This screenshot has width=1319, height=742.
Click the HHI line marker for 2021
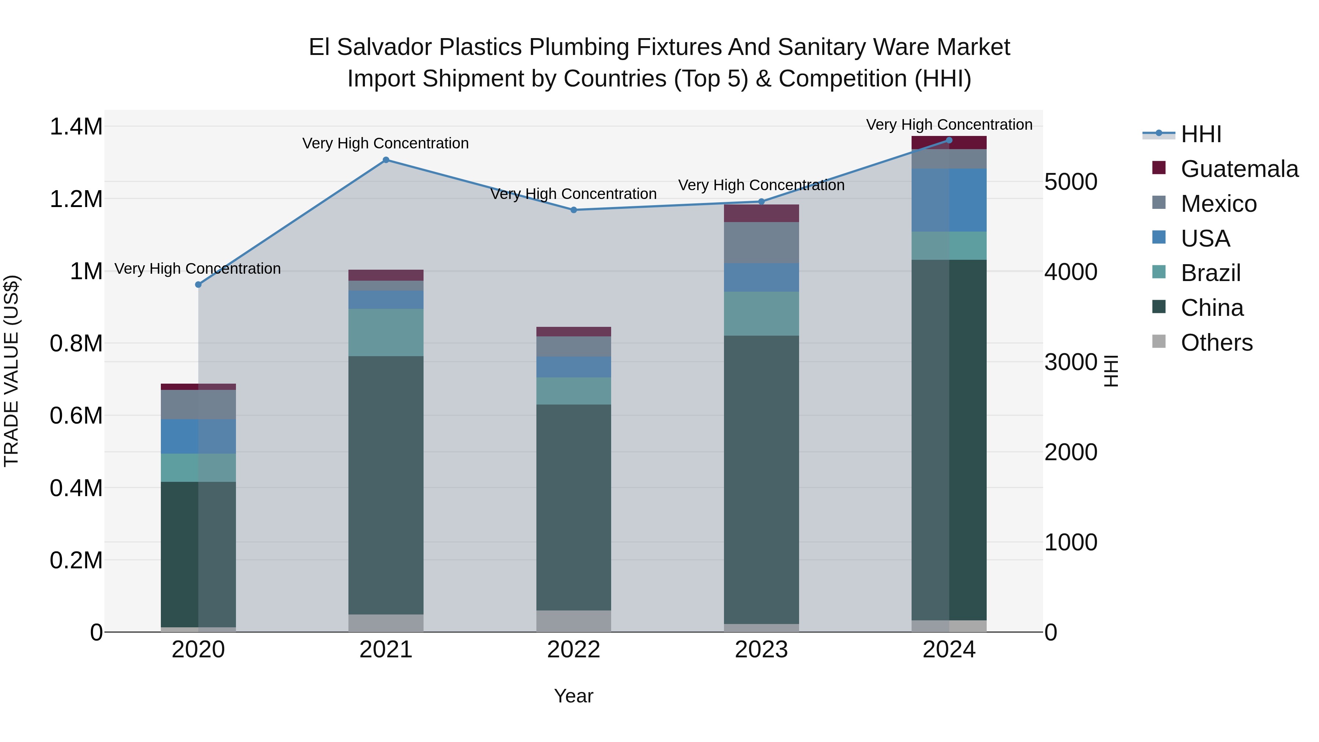tap(386, 160)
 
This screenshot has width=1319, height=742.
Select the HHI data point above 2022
tap(573, 210)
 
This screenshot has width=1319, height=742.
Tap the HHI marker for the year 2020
tap(199, 285)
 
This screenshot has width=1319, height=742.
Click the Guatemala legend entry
tap(1239, 169)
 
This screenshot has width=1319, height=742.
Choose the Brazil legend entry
tap(1211, 273)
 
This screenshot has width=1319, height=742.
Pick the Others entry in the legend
tap(1216, 343)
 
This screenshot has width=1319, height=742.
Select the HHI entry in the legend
tap(1201, 134)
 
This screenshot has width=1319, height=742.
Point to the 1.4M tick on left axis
tap(76, 126)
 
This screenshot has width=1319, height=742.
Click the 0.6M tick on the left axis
tap(76, 416)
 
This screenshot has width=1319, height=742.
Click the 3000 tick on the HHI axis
tap(1071, 362)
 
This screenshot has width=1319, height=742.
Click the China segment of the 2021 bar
tap(386, 485)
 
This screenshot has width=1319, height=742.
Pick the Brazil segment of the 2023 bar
tap(761, 313)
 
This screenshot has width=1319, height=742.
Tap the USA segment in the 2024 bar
tap(949, 200)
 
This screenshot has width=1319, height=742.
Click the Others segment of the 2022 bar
tap(573, 621)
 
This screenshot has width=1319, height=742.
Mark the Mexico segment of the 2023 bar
tap(761, 242)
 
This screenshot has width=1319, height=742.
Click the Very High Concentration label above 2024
tap(949, 125)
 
